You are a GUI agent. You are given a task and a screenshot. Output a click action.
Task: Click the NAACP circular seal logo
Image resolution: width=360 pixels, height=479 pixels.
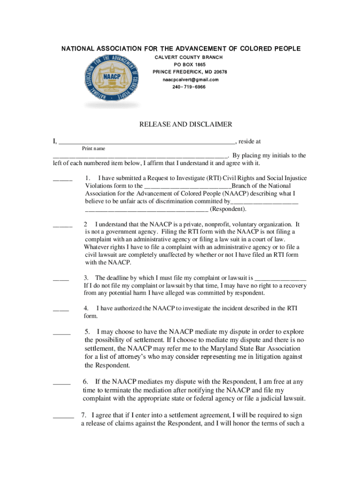tap(112, 80)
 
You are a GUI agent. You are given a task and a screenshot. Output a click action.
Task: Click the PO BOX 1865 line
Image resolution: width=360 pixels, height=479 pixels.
tap(189, 65)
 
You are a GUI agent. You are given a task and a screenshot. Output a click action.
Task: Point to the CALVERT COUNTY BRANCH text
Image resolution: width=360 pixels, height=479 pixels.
tap(189, 57)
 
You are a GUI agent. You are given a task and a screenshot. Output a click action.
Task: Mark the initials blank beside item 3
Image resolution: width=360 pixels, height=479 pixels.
tap(61, 279)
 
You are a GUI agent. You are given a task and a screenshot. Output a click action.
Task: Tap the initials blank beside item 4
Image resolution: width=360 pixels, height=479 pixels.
tap(61, 310)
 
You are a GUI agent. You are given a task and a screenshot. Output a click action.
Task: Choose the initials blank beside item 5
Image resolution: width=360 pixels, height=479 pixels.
tap(61, 333)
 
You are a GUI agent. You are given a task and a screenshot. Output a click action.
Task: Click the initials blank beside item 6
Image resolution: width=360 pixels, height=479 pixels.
tap(61, 383)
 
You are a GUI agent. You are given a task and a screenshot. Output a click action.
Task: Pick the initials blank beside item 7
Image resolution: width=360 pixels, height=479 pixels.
tap(63, 416)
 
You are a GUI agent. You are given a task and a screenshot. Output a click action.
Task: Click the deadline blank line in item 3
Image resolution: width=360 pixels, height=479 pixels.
tap(281, 279)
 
